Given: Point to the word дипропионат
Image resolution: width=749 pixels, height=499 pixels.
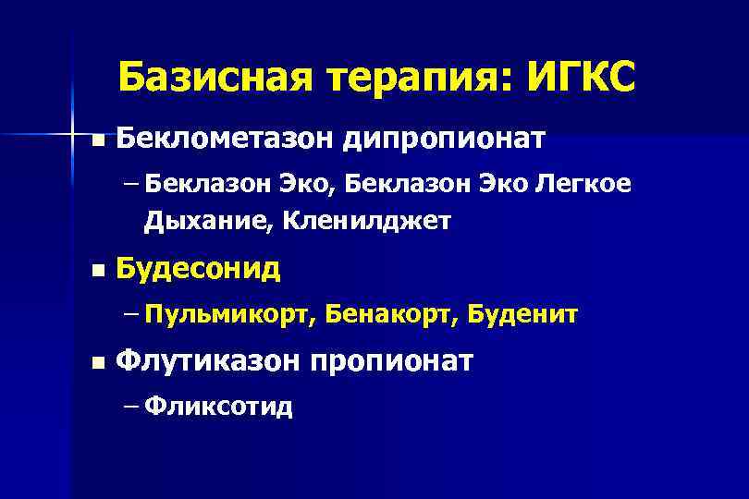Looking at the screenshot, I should coord(445,141).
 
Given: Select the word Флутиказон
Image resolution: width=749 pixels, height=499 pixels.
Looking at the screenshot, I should coord(208,359).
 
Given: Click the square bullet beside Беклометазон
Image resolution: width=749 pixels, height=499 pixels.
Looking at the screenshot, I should coord(96,141).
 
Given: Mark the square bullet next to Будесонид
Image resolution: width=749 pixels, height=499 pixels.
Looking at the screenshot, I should coord(96,272).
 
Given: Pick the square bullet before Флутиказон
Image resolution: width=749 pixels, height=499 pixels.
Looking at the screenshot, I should coord(96,361).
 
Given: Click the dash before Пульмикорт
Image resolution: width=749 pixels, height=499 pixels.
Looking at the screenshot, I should coord(128,315).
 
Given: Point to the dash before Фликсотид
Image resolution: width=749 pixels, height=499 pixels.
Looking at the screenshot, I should coord(128,405).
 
